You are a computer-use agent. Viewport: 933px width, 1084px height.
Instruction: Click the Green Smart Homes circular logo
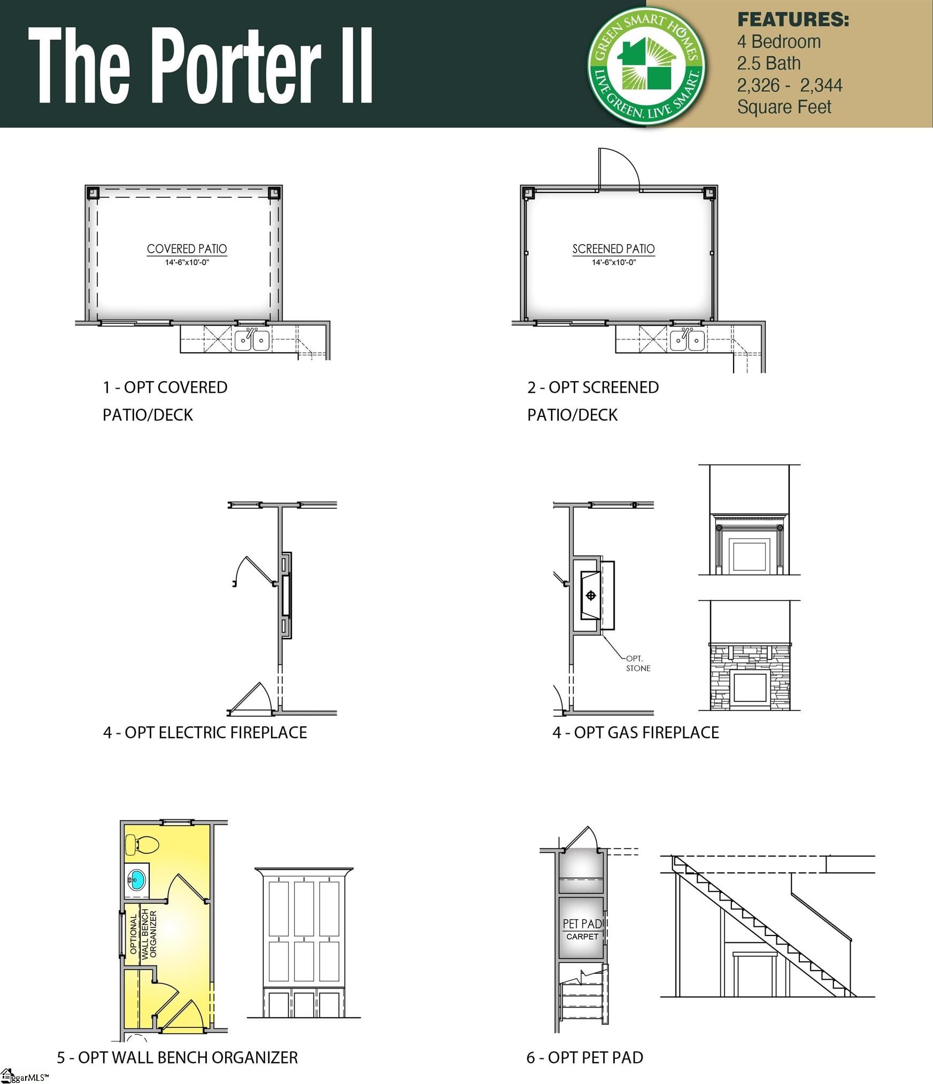tap(646, 66)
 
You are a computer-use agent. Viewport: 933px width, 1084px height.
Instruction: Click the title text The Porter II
tap(201, 65)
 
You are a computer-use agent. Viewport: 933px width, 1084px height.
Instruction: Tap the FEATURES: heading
tap(793, 19)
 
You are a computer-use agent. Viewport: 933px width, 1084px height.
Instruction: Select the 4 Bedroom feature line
tap(778, 42)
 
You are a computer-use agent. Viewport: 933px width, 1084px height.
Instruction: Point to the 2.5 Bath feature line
tap(769, 64)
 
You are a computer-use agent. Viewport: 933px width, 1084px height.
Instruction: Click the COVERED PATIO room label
tap(187, 249)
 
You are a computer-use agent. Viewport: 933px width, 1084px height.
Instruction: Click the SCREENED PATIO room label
tap(613, 249)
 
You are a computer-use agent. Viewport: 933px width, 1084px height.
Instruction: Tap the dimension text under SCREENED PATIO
tap(614, 262)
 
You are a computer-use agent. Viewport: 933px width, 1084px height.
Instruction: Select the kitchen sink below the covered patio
tap(252, 340)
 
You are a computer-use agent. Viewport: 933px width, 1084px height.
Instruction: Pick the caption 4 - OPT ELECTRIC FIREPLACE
tap(205, 732)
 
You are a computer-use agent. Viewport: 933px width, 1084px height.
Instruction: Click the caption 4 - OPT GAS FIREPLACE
tap(636, 732)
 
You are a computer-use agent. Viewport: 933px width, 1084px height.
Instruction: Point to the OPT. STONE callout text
tap(638, 663)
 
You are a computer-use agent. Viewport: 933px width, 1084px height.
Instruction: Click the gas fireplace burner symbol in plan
tap(591, 595)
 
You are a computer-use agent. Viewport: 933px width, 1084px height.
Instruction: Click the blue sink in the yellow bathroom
tap(136, 879)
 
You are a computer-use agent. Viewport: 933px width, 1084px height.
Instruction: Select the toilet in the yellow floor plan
tap(142, 845)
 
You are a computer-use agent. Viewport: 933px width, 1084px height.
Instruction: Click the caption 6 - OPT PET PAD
tap(585, 1057)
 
